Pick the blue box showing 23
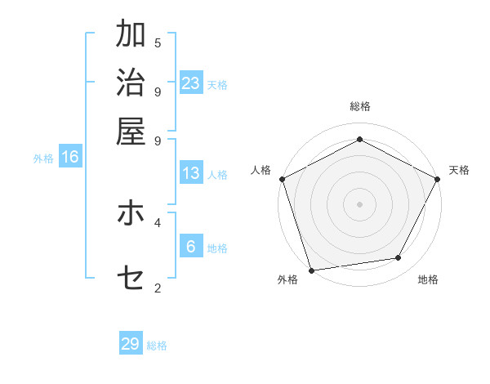191,83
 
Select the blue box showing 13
191,173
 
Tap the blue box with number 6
191,247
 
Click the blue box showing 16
70,157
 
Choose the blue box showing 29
131,344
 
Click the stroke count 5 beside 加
158,42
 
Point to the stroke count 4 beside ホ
158,221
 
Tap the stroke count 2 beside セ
158,288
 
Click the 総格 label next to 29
157,346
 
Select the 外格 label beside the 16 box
43,159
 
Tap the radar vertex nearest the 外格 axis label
311,270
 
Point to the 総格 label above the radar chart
359,107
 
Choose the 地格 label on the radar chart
428,280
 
